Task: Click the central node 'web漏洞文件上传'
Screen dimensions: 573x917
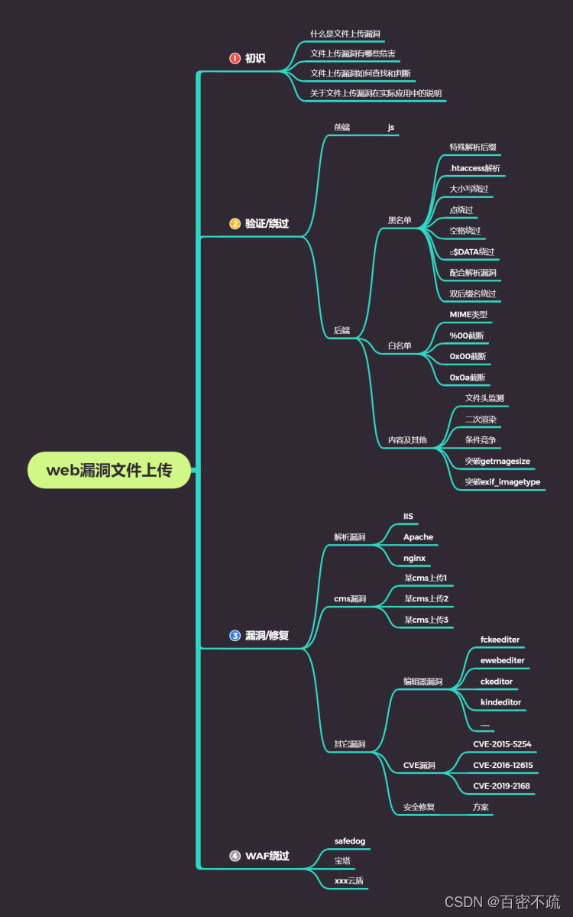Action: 109,470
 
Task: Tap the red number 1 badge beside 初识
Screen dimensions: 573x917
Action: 235,58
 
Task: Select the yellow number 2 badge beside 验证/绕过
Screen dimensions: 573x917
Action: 235,224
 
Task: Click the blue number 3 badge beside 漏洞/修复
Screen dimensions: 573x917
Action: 235,635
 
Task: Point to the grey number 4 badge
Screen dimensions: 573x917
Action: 235,856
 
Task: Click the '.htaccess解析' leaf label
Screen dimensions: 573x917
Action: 475,168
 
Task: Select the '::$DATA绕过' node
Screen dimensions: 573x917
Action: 472,251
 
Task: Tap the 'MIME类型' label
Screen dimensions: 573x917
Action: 468,314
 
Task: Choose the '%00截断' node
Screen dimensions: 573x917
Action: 467,335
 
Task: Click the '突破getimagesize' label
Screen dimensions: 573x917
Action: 497,461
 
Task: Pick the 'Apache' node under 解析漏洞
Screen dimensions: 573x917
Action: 418,537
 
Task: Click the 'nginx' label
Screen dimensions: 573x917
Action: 414,559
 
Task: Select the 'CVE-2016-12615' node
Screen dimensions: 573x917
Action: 503,765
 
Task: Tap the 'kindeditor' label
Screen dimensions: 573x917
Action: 500,702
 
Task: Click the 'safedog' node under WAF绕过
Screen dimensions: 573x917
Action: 350,841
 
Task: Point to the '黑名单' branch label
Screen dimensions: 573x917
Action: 400,221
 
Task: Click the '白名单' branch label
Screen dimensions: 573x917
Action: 400,346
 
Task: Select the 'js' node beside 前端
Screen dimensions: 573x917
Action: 391,128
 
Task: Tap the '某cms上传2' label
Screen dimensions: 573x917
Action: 426,598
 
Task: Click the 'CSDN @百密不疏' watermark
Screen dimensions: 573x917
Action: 502,902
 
